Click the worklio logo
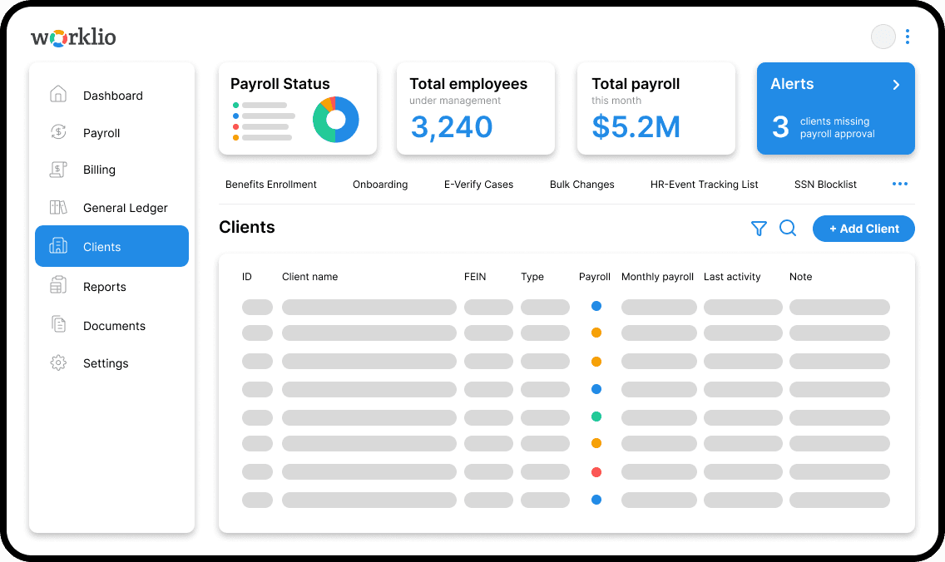tap(73, 37)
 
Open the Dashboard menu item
tap(112, 96)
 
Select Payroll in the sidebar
tap(101, 133)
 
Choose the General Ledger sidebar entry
tap(125, 208)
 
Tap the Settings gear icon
tap(58, 363)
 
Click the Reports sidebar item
tap(104, 287)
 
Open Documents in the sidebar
tap(114, 326)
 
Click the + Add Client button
tap(863, 229)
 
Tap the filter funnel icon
tap(759, 229)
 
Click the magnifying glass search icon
tap(788, 229)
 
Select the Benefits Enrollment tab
tap(271, 185)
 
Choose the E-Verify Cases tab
tap(478, 185)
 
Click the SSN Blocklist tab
tap(825, 185)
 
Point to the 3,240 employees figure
tap(452, 127)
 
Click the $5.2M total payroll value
tap(636, 127)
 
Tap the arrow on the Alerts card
tap(896, 85)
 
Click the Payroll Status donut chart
tap(336, 120)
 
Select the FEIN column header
tap(475, 277)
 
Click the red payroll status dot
tap(596, 472)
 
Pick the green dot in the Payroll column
tap(596, 417)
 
